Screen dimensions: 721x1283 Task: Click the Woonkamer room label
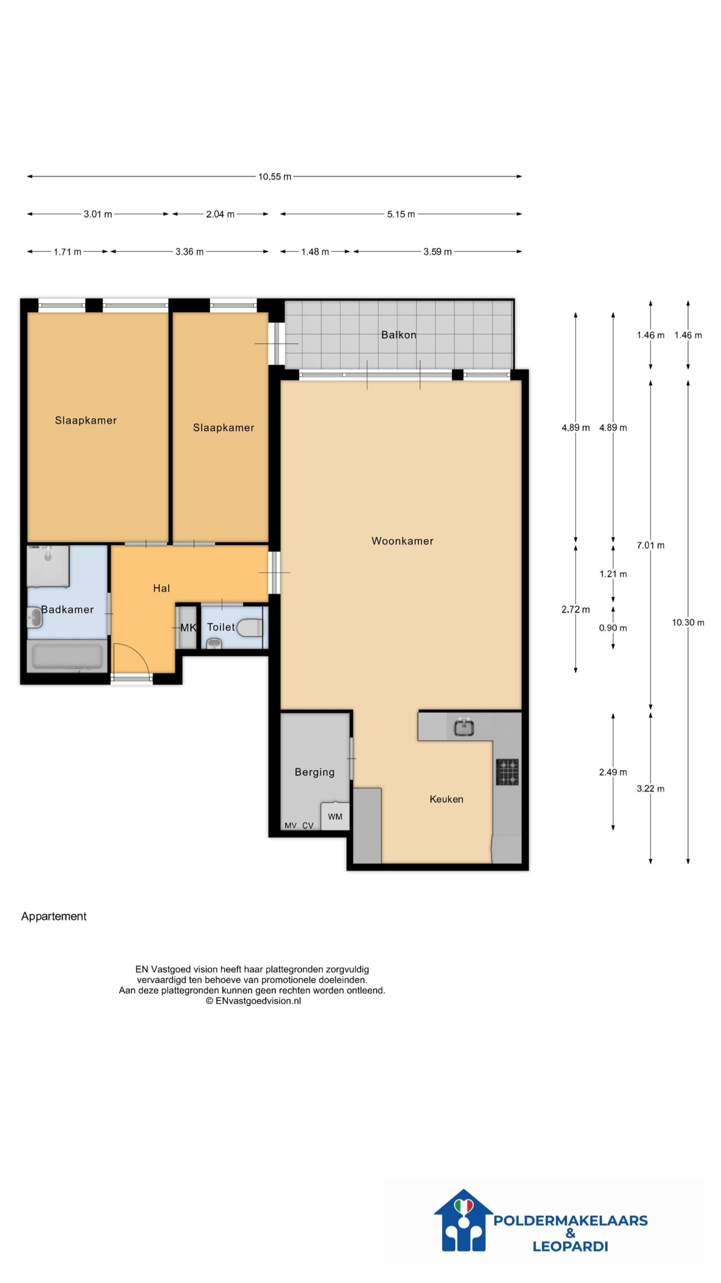(x=402, y=541)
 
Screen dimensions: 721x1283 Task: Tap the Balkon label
(x=399, y=335)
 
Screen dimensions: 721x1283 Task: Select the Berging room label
(x=314, y=772)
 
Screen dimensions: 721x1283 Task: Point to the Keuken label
(x=446, y=799)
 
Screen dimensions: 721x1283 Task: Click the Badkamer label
(x=68, y=609)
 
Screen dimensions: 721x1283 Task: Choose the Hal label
(x=161, y=588)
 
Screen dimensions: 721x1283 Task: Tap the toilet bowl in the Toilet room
(x=249, y=627)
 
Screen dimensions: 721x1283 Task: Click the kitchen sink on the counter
(x=464, y=727)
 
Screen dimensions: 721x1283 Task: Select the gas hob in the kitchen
(x=507, y=772)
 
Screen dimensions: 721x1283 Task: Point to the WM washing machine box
(x=335, y=816)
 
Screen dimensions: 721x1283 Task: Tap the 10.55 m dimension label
(x=274, y=176)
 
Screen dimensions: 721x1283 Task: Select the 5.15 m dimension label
(x=401, y=214)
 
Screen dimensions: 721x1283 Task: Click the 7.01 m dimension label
(x=650, y=545)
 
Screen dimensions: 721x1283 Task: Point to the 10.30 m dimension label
(x=688, y=622)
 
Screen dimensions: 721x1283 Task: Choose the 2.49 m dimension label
(x=613, y=772)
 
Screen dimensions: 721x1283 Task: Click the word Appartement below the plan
(x=54, y=916)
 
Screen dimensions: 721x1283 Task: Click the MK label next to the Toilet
(x=188, y=627)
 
